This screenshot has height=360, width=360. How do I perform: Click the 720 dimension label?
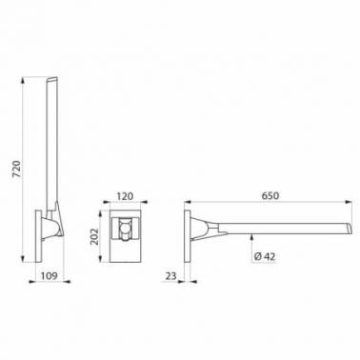[16, 170]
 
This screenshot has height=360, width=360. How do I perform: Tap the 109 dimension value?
[49, 275]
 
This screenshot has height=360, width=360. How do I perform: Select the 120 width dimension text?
[125, 196]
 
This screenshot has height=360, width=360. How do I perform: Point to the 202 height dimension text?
[94, 236]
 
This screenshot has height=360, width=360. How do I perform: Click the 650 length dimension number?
[270, 195]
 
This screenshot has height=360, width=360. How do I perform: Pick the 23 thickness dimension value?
[170, 276]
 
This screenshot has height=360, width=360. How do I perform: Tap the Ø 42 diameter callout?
[265, 256]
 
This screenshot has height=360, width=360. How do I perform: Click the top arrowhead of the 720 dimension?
[23, 80]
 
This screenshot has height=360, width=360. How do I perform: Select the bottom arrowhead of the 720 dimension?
[23, 259]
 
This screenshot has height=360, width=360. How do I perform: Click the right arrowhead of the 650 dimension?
[349, 202]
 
